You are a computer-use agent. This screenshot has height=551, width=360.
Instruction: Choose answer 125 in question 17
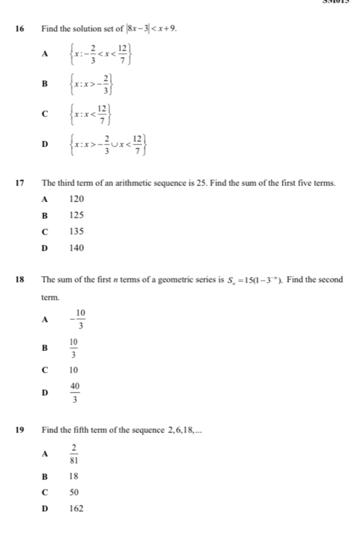76,215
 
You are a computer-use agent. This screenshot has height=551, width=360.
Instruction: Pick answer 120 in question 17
76,199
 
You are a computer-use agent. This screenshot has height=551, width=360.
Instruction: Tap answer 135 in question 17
76,231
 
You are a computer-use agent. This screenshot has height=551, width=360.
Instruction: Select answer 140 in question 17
76,247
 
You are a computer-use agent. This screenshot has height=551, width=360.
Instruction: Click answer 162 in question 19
76,509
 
